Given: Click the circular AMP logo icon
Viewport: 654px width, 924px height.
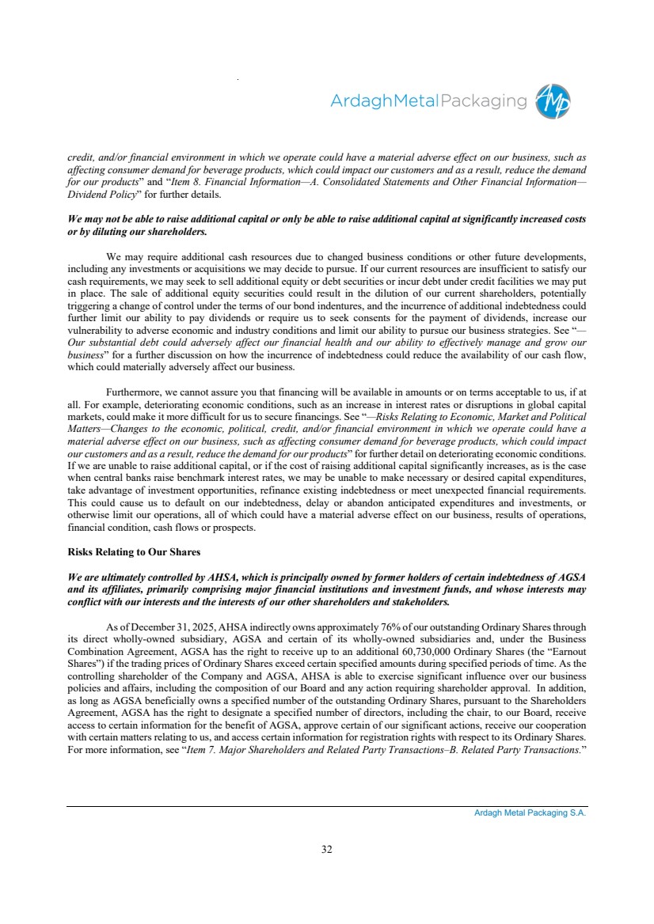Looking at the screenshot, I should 553,101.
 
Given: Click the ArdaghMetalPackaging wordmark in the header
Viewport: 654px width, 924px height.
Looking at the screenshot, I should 428,101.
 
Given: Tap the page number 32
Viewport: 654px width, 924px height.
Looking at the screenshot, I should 327,849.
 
